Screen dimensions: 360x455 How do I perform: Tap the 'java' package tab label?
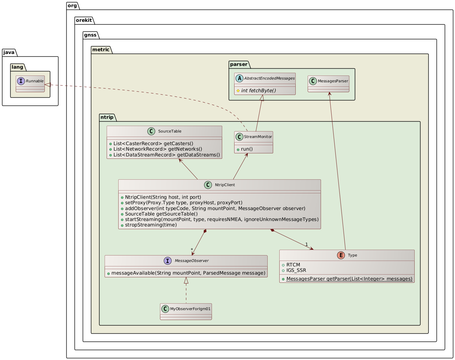point(10,52)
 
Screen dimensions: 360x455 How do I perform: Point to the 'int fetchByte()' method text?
point(258,90)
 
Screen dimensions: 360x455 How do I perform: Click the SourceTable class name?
point(170,131)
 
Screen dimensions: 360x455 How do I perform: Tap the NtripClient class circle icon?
point(208,185)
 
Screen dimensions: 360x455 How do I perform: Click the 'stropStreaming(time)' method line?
point(151,225)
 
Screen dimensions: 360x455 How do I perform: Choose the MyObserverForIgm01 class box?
point(186,311)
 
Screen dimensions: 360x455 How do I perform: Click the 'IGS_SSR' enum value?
point(296,270)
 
